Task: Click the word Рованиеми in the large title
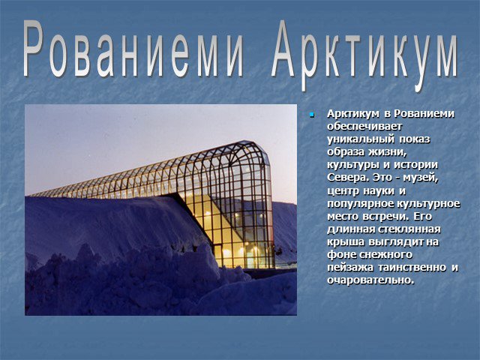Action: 133,49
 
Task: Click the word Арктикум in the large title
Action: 364,55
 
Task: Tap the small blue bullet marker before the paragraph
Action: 312,115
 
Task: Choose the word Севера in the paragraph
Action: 346,178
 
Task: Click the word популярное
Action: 360,203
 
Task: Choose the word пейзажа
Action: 350,268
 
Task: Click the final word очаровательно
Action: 370,280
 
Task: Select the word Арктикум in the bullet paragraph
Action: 353,114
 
